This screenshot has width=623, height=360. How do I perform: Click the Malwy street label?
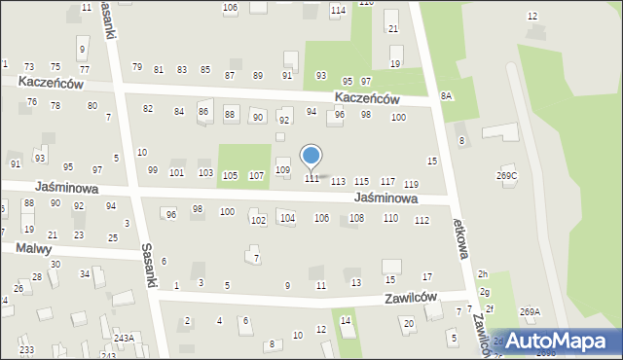point(33,249)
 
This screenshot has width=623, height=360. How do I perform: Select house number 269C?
point(507,175)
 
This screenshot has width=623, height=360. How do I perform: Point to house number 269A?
point(530,311)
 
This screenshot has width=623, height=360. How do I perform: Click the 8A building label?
point(447,95)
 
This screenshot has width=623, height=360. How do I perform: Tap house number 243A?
point(124,338)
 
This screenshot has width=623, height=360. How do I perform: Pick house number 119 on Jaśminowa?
point(411,185)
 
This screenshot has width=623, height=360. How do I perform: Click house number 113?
point(338,182)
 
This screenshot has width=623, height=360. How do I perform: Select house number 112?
point(421,221)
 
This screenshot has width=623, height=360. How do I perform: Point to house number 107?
point(256,176)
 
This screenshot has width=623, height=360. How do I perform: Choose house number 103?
point(205,172)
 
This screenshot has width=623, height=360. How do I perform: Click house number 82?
point(148,108)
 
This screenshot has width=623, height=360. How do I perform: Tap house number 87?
point(231,75)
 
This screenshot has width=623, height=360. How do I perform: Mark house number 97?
point(366,82)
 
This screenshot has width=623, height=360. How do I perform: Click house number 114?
point(338,11)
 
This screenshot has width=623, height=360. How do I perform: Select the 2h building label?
point(483,275)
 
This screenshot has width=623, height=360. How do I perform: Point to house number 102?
point(258,221)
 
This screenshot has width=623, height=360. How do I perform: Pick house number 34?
point(85,273)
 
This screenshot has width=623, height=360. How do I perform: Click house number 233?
point(26,349)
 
